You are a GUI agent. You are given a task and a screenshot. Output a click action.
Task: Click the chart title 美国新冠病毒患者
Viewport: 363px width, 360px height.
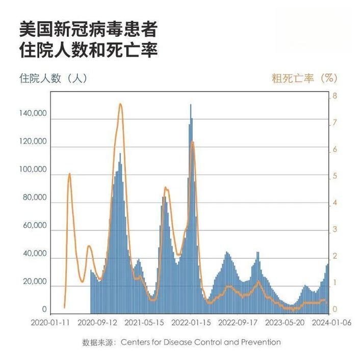[x=87, y=29]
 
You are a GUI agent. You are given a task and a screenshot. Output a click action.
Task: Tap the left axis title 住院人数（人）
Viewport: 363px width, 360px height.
[x=54, y=78]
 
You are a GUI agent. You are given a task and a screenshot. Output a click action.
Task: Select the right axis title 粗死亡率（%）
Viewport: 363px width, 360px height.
[x=304, y=78]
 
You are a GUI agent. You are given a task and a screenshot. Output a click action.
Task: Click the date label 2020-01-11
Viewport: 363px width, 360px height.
[x=50, y=322]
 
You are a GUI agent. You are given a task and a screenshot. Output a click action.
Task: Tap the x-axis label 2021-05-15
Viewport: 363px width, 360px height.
[x=144, y=322]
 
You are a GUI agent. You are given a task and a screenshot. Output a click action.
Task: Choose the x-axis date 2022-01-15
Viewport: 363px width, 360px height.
[x=191, y=322]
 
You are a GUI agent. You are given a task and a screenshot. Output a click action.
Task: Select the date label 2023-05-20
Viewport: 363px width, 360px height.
[x=285, y=322]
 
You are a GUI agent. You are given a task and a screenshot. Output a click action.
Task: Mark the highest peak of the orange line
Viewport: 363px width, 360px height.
[x=120, y=104]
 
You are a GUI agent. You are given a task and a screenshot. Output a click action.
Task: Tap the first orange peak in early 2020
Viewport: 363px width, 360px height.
[x=69, y=174]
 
